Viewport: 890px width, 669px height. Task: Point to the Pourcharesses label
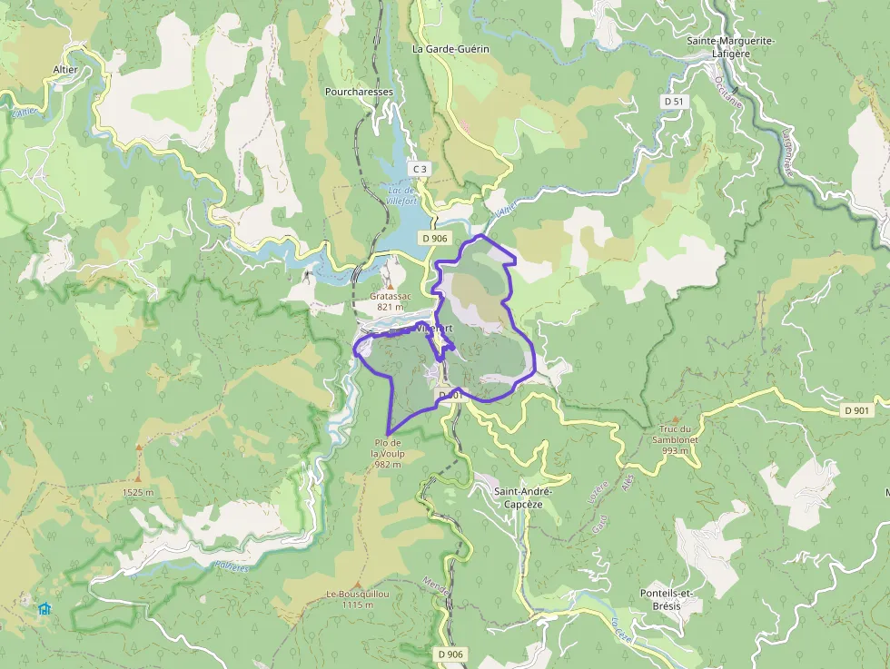coord(359,92)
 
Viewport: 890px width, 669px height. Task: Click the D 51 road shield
coord(673,102)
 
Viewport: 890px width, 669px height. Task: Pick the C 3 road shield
coord(419,169)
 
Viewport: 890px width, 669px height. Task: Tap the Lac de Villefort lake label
coord(400,197)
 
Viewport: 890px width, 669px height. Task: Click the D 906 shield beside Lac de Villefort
coord(434,238)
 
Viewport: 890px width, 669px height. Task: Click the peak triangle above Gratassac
coord(390,286)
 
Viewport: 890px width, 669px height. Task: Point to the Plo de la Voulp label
coord(388,453)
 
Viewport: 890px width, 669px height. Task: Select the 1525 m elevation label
coord(138,492)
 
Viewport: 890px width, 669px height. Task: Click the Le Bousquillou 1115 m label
coord(358,599)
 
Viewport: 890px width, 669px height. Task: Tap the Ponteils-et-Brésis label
coord(667,598)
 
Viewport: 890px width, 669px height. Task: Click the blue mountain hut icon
coord(44,608)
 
